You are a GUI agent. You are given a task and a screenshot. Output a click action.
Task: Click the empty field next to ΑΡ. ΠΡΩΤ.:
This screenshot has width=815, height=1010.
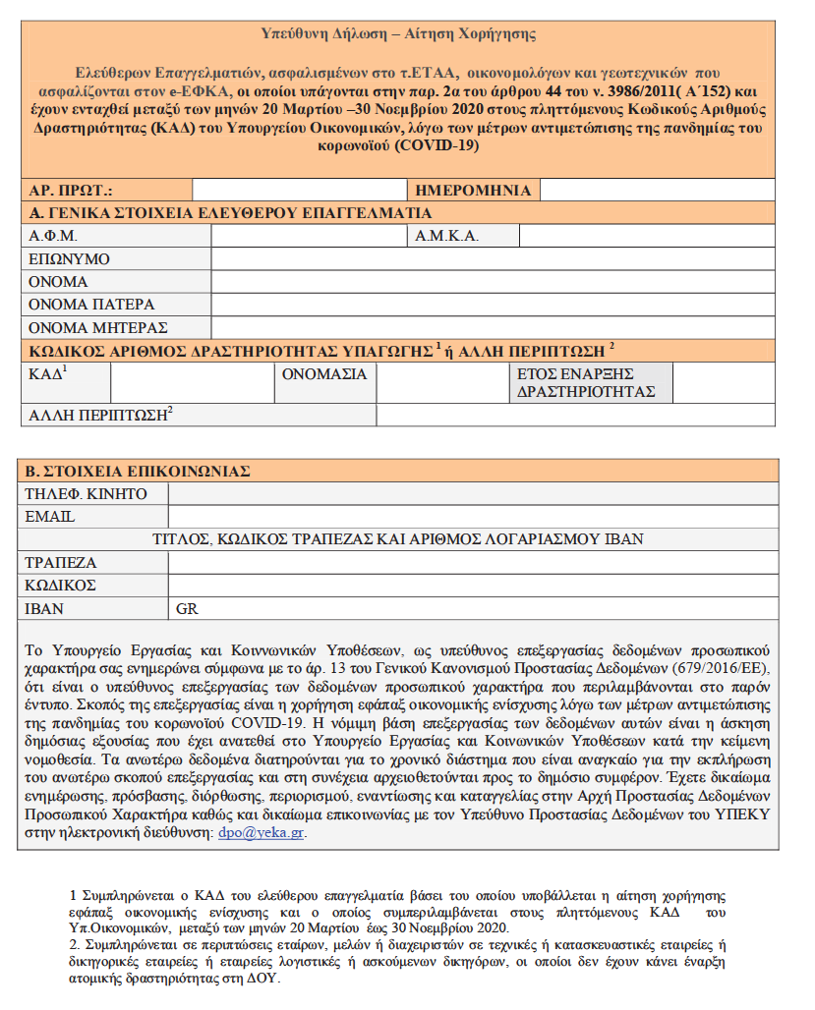coord(261,191)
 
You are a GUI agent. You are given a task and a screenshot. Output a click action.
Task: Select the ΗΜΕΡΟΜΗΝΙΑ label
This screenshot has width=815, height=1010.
coord(473,191)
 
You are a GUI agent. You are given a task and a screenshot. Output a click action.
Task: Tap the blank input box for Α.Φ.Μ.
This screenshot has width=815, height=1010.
coord(309,236)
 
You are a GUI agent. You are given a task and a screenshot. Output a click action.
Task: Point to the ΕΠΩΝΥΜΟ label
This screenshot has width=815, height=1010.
coord(69,259)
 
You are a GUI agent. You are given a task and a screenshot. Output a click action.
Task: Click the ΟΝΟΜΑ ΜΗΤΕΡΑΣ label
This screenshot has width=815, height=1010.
coord(98,327)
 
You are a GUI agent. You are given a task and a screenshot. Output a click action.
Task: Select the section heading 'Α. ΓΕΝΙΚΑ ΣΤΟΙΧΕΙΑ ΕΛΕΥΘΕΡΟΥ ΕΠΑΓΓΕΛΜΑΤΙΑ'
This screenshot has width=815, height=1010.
coord(230,213)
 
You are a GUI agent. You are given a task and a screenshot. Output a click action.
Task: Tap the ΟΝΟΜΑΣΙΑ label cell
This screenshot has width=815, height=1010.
coord(324,374)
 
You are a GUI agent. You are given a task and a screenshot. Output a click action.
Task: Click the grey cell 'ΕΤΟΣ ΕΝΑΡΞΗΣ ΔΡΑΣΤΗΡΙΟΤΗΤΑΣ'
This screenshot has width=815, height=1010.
coord(594,382)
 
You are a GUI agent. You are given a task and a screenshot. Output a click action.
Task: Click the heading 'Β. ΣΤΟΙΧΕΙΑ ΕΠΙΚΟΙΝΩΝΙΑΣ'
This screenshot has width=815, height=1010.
coord(139,471)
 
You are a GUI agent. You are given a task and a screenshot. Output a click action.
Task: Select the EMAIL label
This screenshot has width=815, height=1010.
coord(51,516)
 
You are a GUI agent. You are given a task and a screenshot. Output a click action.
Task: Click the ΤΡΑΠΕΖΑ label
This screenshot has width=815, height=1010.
coord(63,563)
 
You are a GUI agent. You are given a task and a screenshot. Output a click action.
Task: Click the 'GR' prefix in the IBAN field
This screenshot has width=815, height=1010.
coord(187,609)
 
